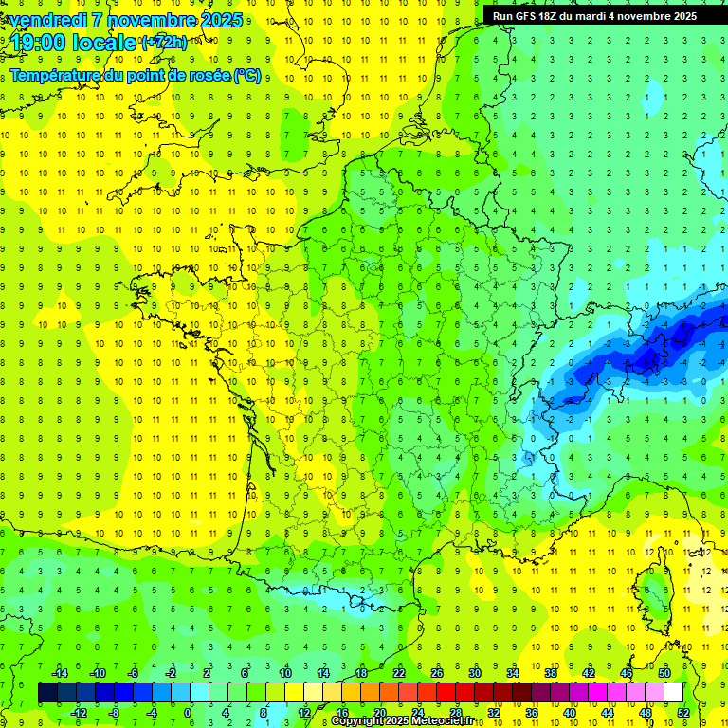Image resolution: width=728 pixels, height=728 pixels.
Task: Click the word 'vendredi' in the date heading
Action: coord(48,20)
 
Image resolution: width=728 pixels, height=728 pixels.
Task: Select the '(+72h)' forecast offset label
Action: coord(164,42)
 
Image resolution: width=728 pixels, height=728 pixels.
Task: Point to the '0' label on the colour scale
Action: coord(188,712)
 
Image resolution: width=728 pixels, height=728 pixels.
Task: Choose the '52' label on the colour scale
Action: coord(682,712)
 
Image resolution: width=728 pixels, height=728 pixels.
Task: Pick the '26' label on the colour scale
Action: coord(437,672)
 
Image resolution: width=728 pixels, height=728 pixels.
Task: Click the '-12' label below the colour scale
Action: coord(79,712)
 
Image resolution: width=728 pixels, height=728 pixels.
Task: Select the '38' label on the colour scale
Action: coord(551,672)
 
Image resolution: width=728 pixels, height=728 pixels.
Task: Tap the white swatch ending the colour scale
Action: coord(673,692)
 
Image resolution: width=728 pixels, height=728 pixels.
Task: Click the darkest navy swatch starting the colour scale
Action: coord(47,692)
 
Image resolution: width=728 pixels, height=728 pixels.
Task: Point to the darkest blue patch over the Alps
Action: coord(649,355)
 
